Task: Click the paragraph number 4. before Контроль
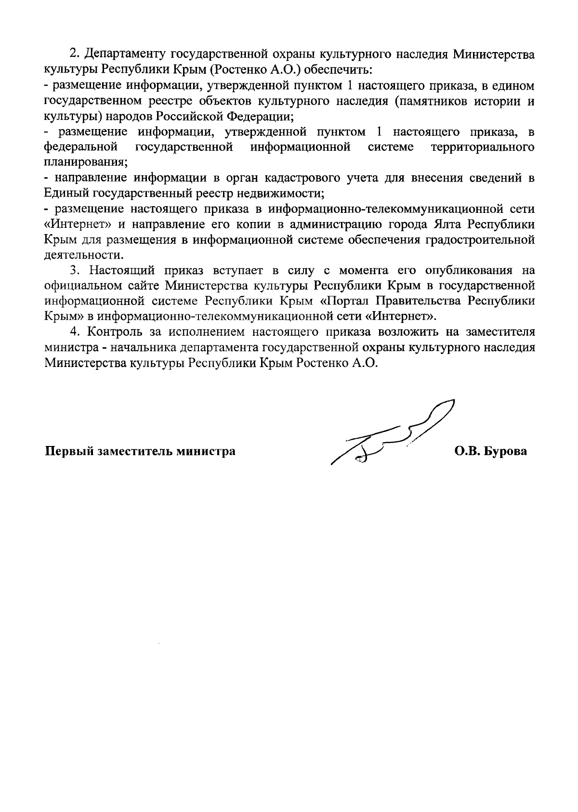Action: point(74,332)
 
